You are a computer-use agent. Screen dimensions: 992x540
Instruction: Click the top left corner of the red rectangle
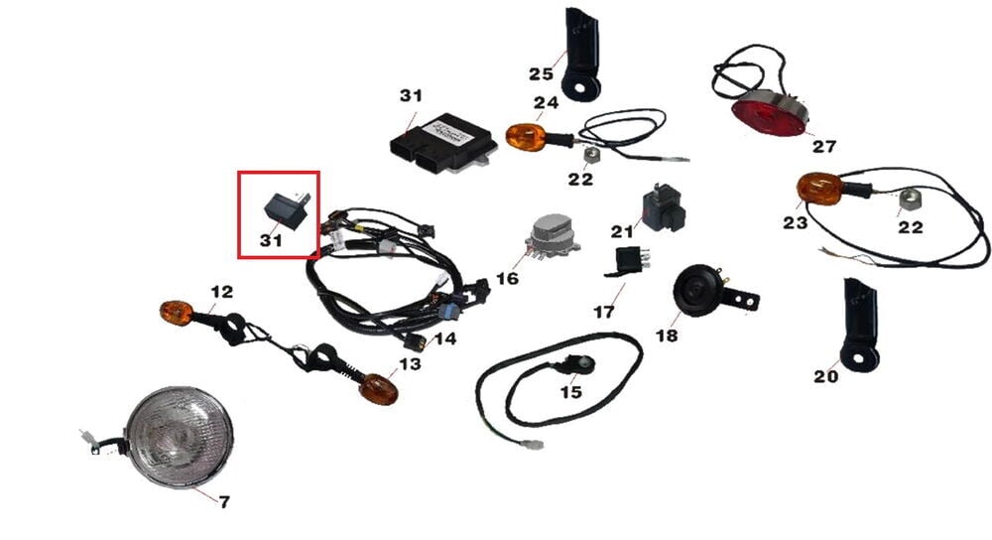click(x=239, y=172)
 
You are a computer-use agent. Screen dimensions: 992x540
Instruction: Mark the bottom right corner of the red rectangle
click(x=318, y=258)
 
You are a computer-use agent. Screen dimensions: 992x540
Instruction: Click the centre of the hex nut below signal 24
click(x=590, y=154)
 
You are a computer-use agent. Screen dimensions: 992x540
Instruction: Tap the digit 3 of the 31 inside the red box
click(x=266, y=240)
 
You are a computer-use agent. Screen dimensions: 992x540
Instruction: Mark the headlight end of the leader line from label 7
click(x=193, y=488)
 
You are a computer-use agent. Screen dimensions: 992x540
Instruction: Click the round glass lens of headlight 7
click(x=180, y=438)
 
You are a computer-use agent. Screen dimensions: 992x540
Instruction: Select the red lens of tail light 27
click(x=769, y=118)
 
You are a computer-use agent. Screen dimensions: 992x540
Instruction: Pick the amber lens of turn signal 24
click(x=525, y=138)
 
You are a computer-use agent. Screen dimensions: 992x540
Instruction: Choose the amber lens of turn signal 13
click(x=379, y=389)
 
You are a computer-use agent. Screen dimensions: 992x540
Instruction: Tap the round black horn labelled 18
click(x=694, y=290)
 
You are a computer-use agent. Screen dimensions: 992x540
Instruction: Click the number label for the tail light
click(x=824, y=147)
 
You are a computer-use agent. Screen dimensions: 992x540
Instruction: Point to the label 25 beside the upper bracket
click(x=541, y=74)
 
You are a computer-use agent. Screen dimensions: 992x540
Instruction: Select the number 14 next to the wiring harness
click(x=445, y=338)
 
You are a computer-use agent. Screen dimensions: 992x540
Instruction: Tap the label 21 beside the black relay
click(x=621, y=231)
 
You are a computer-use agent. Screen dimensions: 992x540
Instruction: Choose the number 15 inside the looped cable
click(x=570, y=392)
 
